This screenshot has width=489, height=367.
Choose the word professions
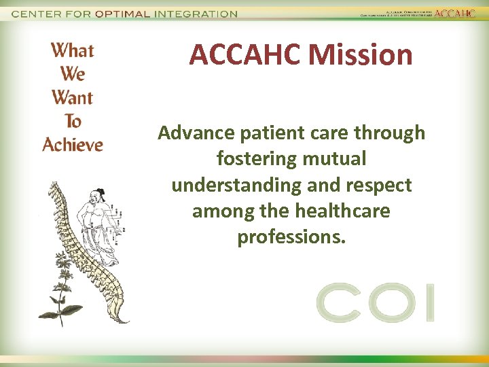(x=291, y=237)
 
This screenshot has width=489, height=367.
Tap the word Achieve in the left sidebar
(x=73, y=145)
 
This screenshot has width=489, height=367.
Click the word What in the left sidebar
(x=73, y=50)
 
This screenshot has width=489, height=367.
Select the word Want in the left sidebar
(x=73, y=97)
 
